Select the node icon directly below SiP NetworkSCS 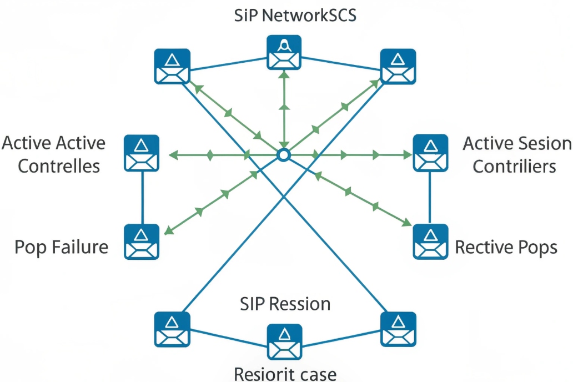pos(284,52)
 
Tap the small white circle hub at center pos(284,154)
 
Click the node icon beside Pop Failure pos(142,242)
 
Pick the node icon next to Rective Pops pos(430,242)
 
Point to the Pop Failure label pos(61,247)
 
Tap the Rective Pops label pos(506,247)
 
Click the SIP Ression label pos(285,304)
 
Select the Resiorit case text pos(285,373)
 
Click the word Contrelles pos(59,166)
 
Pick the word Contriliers pos(514,166)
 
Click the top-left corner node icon pos(172,66)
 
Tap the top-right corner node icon pos(398,66)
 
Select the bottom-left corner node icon pos(172,329)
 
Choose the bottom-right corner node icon pos(398,329)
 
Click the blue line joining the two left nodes pos(142,197)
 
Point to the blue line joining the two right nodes pos(430,197)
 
